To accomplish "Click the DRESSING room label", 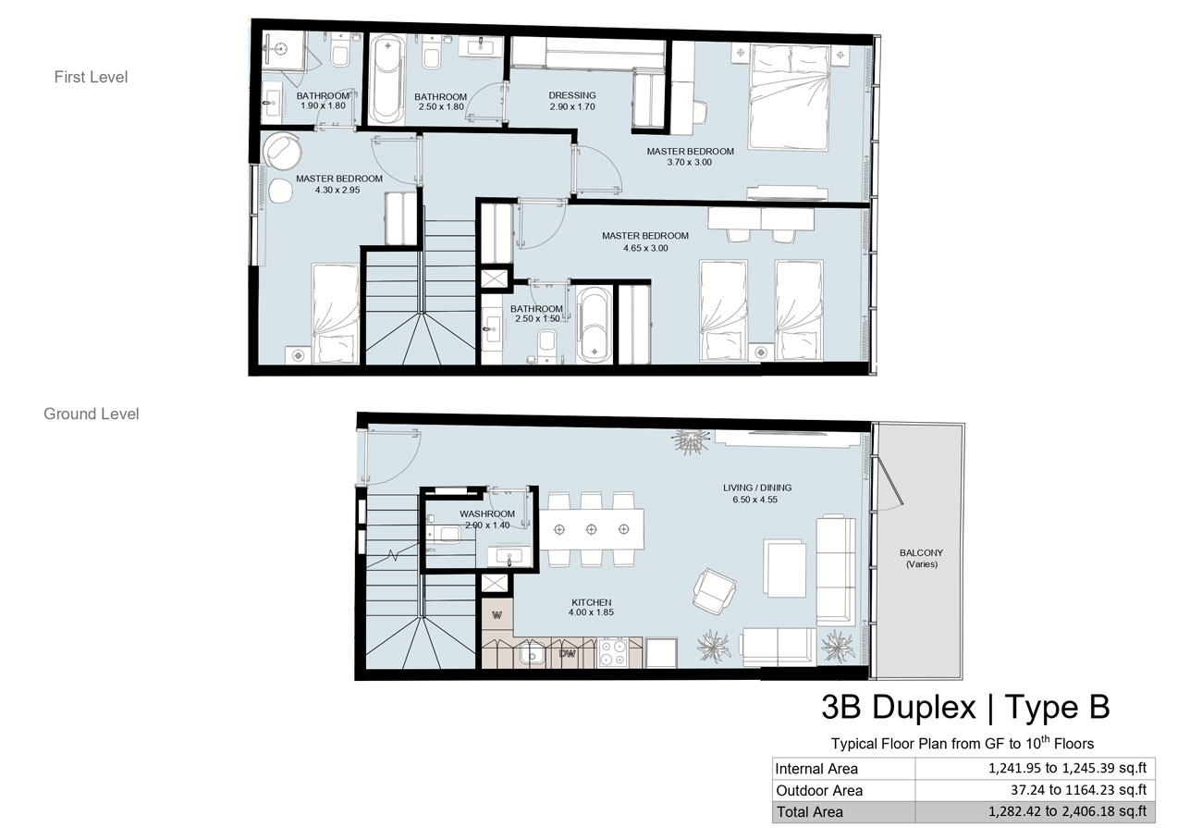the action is (572, 95).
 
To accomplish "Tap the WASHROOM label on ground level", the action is (486, 513).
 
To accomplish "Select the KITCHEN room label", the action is (592, 602).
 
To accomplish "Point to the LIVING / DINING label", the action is (757, 488).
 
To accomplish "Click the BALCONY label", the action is (921, 552).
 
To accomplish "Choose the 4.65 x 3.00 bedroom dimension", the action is (645, 248).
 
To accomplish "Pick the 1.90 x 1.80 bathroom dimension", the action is (323, 105).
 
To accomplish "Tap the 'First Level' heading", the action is (91, 77).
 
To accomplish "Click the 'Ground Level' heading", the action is (92, 414).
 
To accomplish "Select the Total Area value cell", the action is (1036, 811).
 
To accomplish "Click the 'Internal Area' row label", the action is (816, 769).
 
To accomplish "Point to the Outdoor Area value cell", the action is (1036, 790).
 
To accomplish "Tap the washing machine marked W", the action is (497, 615).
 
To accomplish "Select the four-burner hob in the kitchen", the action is (612, 652).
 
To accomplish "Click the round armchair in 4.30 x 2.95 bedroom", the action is (282, 151).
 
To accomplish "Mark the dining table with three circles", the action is (592, 529).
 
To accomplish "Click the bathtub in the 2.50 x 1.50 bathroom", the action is (594, 326).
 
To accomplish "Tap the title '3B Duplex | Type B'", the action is (965, 707).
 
